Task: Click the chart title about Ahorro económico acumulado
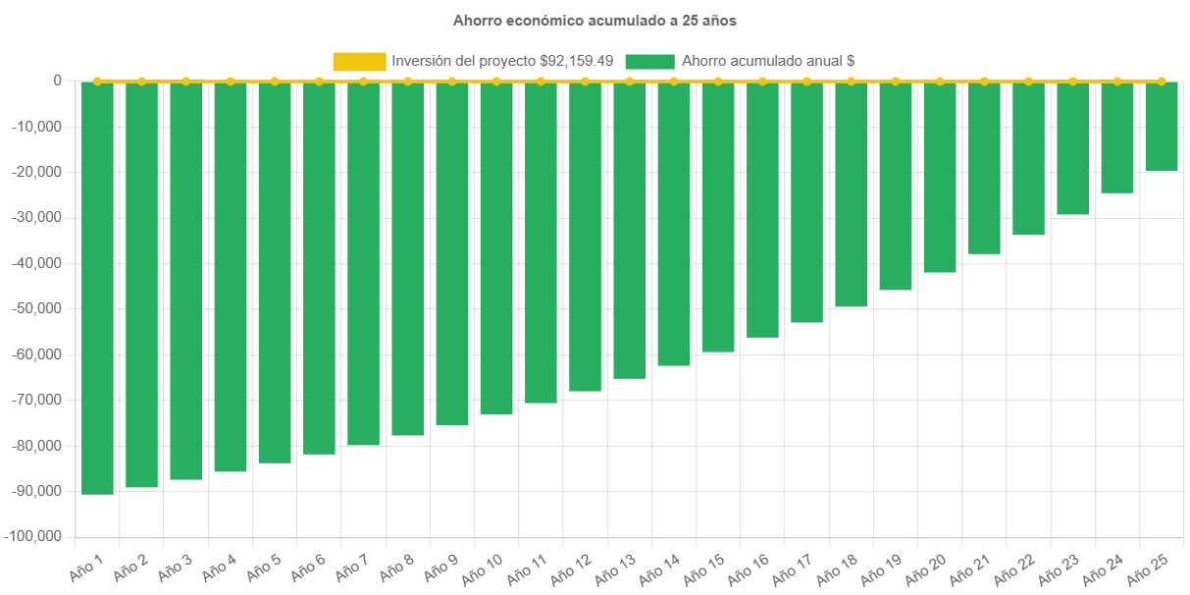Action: point(595,20)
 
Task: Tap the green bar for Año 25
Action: point(1162,127)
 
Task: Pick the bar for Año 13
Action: point(629,230)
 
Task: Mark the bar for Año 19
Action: point(896,186)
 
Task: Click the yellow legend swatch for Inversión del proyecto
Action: point(359,61)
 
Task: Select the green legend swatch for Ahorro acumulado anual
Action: point(649,61)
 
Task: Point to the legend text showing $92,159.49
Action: point(502,61)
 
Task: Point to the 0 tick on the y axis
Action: point(57,81)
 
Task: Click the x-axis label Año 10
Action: point(483,568)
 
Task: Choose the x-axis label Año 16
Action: point(749,568)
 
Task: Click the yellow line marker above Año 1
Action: point(97,81)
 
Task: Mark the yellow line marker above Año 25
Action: point(1162,81)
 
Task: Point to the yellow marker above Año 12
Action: point(585,81)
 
